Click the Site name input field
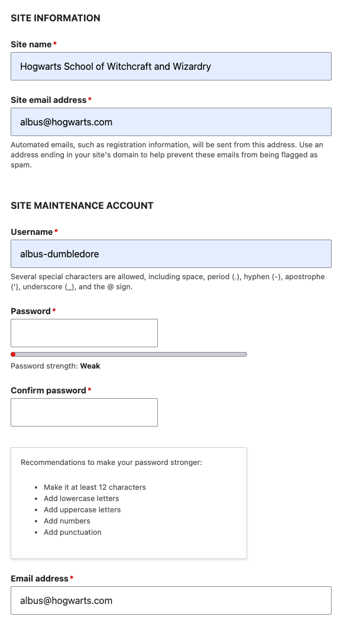click(x=171, y=66)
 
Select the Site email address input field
click(x=171, y=122)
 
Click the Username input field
click(x=171, y=254)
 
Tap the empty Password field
click(x=84, y=333)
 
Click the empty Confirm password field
click(x=84, y=412)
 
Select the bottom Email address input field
click(x=171, y=600)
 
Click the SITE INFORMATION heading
click(x=56, y=18)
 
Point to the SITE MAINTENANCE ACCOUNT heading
click(x=82, y=206)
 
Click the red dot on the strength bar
click(x=13, y=354)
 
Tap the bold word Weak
click(x=90, y=366)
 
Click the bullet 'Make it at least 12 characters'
click(x=95, y=487)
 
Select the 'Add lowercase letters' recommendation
click(x=82, y=499)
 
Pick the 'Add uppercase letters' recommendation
click(x=82, y=510)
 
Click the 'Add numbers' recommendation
click(x=67, y=521)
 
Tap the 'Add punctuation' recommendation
click(x=73, y=532)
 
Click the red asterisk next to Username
click(x=56, y=231)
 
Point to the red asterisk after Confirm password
click(x=90, y=390)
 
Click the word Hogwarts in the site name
click(x=41, y=66)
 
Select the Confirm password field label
click(x=48, y=390)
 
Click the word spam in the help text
click(x=20, y=166)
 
